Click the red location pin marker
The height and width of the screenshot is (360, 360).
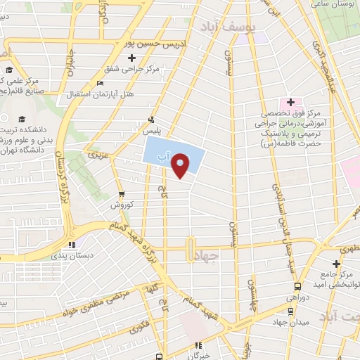(x=181, y=167)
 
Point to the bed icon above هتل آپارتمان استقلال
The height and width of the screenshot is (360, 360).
(x=99, y=83)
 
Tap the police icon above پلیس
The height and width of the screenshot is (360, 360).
(x=150, y=120)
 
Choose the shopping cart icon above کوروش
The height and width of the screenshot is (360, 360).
(x=122, y=194)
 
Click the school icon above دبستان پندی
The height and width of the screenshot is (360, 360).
(x=71, y=245)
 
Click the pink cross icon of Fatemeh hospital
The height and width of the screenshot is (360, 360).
(x=290, y=103)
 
